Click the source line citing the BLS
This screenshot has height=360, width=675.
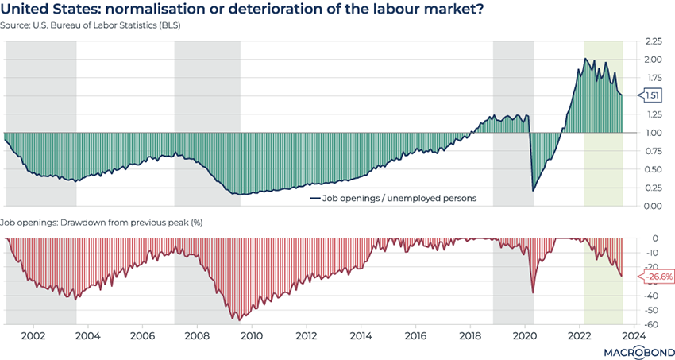coord(94,25)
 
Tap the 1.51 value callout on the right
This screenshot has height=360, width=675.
coord(651,95)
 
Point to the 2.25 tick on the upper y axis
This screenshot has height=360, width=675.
coord(654,41)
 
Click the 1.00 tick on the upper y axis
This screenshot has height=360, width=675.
coord(654,133)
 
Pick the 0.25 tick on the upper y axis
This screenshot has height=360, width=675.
coord(654,188)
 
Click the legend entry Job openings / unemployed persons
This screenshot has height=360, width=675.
coord(392,198)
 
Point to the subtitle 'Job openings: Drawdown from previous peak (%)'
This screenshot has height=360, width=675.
coord(102,222)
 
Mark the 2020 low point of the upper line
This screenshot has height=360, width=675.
coord(533,191)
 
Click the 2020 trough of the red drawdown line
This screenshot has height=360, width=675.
coord(533,293)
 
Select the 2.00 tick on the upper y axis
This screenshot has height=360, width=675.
coord(654,59)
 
